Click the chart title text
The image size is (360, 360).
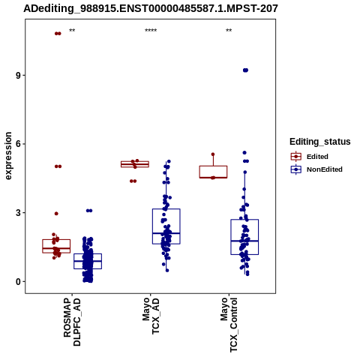pyautogui.click(x=151, y=9)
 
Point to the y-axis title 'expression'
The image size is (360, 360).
pyautogui.click(x=8, y=156)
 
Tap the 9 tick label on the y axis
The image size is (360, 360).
pyautogui.click(x=18, y=76)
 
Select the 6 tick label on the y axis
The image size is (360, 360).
pyautogui.click(x=18, y=144)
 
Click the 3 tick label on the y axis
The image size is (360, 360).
pyautogui.click(x=18, y=213)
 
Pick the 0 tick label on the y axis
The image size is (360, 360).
pyautogui.click(x=18, y=281)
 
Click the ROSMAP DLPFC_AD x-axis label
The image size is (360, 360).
pyautogui.click(x=72, y=322)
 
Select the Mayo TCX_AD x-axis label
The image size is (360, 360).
pyautogui.click(x=151, y=316)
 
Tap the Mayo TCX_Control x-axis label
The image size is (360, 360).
pyautogui.click(x=229, y=325)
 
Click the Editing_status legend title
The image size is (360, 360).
pyautogui.click(x=320, y=142)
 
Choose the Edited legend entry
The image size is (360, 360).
pyautogui.click(x=310, y=157)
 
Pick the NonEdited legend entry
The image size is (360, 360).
pyautogui.click(x=316, y=169)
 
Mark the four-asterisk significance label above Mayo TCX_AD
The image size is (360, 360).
pyautogui.click(x=151, y=31)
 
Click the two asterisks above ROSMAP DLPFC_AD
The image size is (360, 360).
pyautogui.click(x=72, y=31)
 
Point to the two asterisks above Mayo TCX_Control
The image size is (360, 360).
pyautogui.click(x=229, y=31)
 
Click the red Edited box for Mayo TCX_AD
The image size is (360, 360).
pyautogui.click(x=135, y=161)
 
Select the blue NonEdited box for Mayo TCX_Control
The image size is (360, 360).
pyautogui.click(x=244, y=220)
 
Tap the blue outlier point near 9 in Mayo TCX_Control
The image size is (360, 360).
pyautogui.click(x=245, y=70)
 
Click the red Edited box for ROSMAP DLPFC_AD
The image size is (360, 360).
pyautogui.click(x=56, y=239)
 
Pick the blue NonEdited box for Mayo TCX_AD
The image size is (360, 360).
pyautogui.click(x=166, y=209)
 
